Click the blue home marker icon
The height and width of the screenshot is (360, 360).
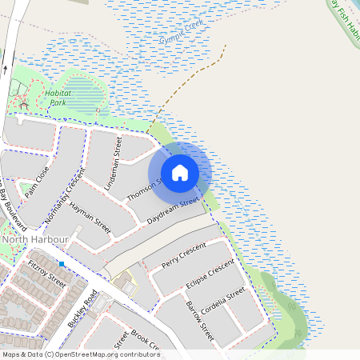click(180, 173)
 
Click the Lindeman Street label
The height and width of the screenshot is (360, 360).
click(114, 162)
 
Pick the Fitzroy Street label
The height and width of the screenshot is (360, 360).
click(46, 270)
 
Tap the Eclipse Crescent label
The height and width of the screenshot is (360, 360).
click(209, 275)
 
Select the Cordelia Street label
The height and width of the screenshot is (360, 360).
click(223, 302)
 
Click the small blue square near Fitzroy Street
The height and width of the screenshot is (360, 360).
click(61, 264)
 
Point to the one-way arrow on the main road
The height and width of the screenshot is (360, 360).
click(5, 69)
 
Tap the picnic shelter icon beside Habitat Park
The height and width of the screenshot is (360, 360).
click(24, 105)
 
